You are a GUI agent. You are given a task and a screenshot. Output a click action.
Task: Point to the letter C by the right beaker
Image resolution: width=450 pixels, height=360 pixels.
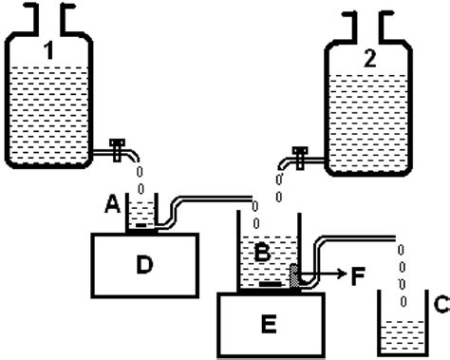pyautogui.click(x=437, y=305)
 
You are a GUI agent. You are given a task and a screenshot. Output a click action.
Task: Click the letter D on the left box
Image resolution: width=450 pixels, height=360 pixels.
pyautogui.click(x=144, y=264)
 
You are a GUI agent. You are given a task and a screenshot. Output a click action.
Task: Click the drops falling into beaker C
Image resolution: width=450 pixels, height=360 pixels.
pyautogui.click(x=401, y=266)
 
